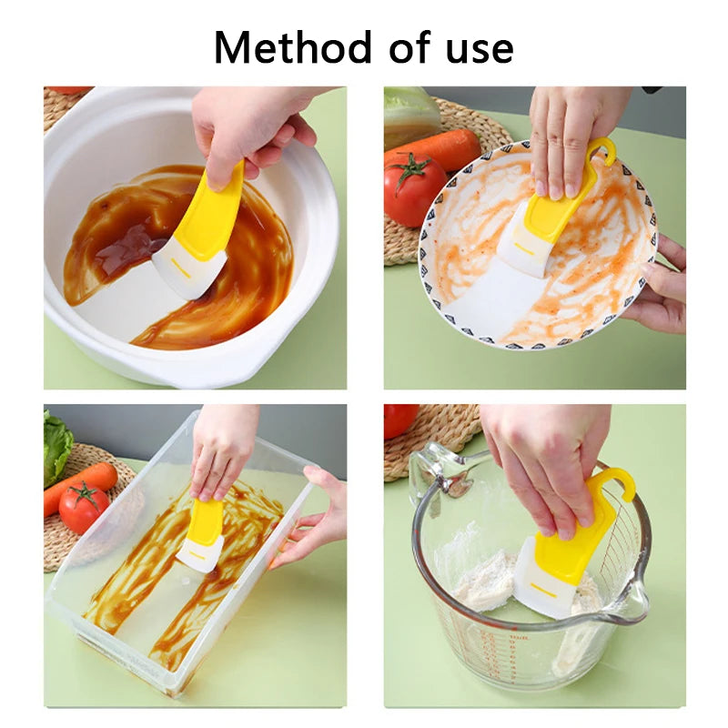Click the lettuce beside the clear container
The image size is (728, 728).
[56, 446]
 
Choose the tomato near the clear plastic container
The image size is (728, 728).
[84, 507]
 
